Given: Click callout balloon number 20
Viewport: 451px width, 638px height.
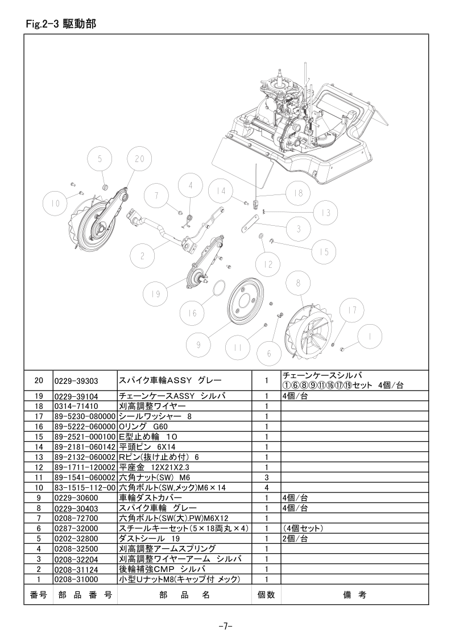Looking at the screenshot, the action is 139,159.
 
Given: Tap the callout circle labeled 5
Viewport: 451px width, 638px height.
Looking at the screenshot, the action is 100,159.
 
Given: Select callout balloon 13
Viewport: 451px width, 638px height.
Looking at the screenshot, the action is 326,213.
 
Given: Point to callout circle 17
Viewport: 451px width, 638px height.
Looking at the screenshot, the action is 353,310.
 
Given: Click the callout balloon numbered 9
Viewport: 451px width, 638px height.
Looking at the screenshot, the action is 198,345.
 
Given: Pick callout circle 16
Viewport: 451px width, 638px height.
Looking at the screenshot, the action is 192,313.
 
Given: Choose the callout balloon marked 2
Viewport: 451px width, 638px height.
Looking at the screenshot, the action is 142,256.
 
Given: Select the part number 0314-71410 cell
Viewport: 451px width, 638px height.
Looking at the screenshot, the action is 76,407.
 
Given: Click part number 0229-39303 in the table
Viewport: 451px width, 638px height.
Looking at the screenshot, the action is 76,381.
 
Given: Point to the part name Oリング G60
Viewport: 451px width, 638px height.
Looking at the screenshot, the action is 143,426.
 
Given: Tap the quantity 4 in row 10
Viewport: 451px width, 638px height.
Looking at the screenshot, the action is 266,487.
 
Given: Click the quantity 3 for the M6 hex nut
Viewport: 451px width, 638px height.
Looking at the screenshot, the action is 266,477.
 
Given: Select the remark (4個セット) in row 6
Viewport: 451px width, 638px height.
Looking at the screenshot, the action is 303,528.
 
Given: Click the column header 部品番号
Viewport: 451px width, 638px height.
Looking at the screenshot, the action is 85,595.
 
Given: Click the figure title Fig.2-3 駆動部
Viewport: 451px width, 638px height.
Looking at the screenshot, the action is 61,24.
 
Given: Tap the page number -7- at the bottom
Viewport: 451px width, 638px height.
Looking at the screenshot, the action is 225,626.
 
